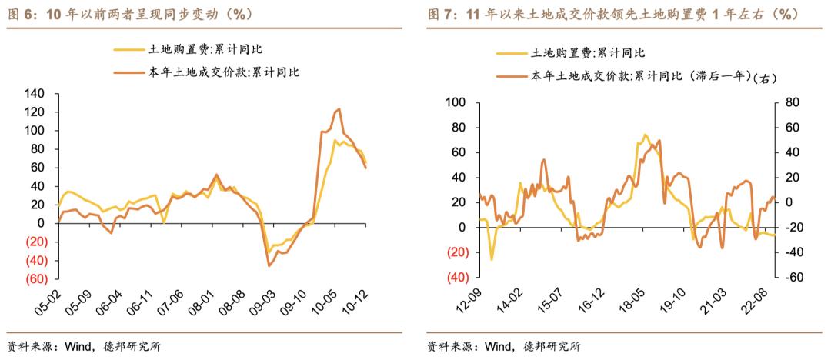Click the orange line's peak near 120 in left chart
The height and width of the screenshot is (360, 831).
point(338,109)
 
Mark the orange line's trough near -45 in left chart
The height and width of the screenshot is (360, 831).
point(269,265)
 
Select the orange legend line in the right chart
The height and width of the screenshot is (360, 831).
point(512,76)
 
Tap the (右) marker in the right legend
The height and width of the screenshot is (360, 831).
point(766,77)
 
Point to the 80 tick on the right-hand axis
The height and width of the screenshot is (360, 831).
point(791,102)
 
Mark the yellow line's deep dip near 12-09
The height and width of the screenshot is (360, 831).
point(492,259)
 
